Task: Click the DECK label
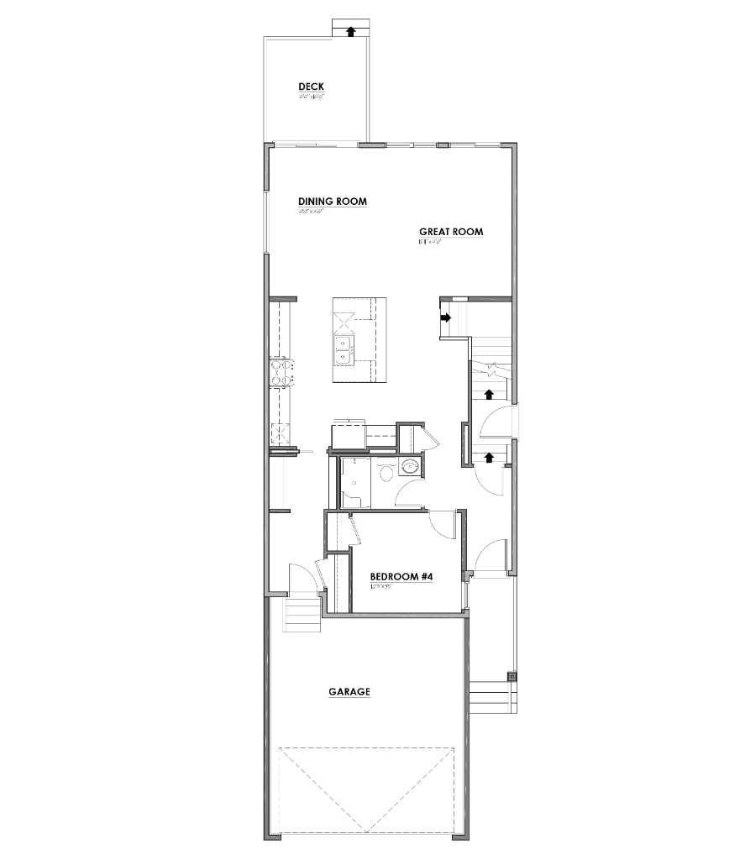click(311, 87)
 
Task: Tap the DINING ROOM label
click(333, 202)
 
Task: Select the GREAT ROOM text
click(451, 232)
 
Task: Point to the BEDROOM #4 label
click(401, 577)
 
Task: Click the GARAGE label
click(349, 692)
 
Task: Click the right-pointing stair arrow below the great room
click(446, 317)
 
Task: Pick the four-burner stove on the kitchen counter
click(281, 372)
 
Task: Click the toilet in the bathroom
click(386, 473)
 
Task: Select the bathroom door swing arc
click(410, 496)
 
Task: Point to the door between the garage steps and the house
click(302, 580)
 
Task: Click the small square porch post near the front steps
click(512, 676)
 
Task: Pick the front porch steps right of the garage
click(491, 697)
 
